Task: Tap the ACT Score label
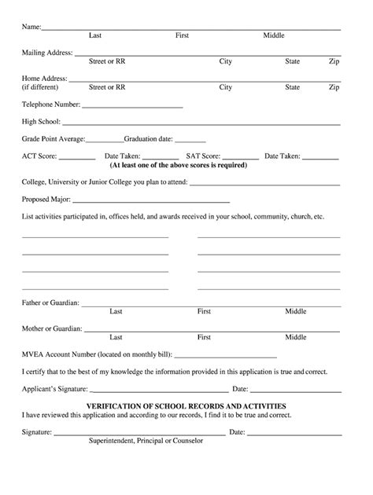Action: click(40, 156)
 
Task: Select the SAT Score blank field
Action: click(240, 158)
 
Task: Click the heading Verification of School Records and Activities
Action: click(186, 405)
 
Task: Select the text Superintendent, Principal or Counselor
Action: click(146, 441)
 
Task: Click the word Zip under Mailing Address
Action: click(334, 61)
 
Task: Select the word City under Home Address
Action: click(225, 87)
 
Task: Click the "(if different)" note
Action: click(41, 87)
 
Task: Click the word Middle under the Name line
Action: click(274, 35)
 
